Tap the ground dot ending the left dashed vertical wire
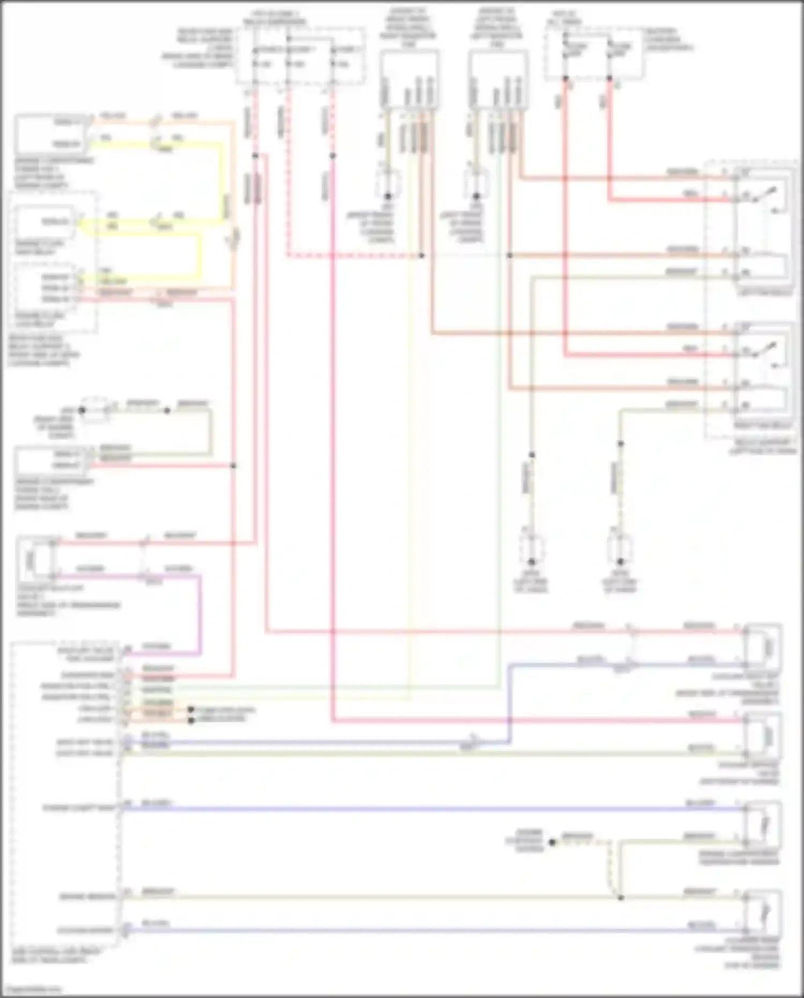(531, 561)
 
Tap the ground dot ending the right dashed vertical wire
(620, 561)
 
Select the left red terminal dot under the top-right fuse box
(565, 78)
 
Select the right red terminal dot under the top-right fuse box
(609, 78)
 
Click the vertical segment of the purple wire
(200, 615)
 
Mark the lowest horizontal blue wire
(429, 930)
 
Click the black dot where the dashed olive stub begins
(553, 842)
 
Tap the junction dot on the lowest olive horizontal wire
(621, 898)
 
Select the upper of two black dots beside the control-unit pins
(191, 709)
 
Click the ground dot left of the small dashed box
(81, 410)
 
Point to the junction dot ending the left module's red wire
(233, 465)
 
